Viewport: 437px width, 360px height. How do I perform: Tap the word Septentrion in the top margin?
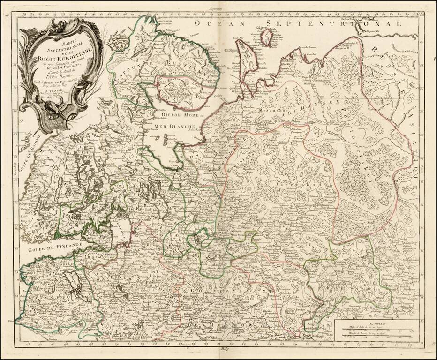click(218, 8)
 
